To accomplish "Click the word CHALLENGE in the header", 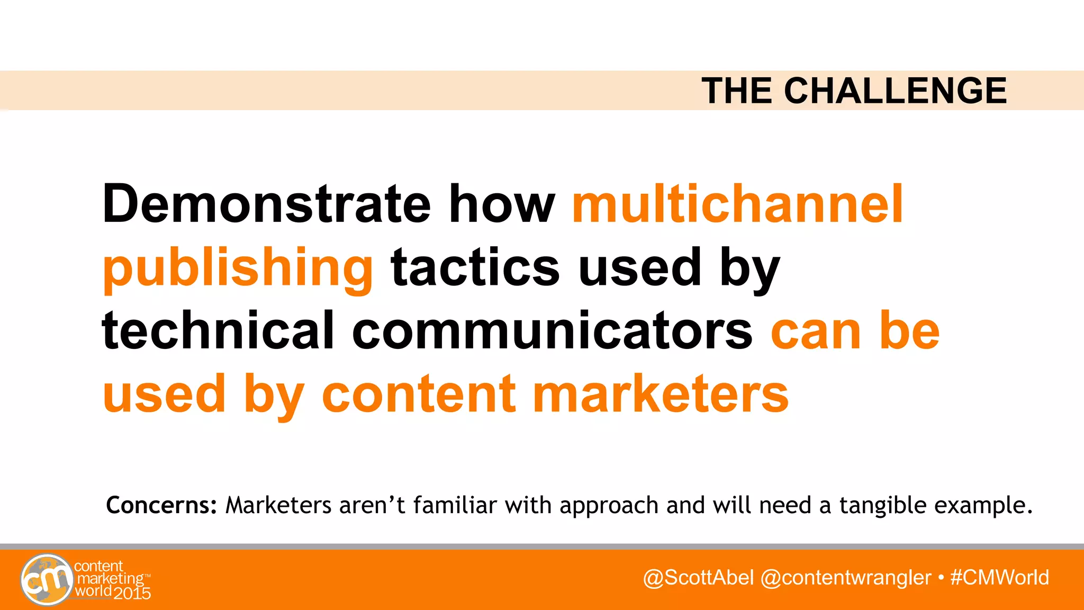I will point(895,91).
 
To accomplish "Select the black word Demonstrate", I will point(266,204).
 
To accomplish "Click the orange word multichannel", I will point(737,204).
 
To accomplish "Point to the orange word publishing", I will point(238,268).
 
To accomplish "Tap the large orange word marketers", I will point(661,394).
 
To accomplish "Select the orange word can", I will point(815,332).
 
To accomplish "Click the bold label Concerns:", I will point(161,505).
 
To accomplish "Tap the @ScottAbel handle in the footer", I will point(698,577).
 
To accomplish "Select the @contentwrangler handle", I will point(845,577).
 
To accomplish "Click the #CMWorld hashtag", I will point(999,577).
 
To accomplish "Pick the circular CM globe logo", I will point(47,579).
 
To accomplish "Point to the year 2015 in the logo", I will point(132,594).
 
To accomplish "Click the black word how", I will point(502,204).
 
